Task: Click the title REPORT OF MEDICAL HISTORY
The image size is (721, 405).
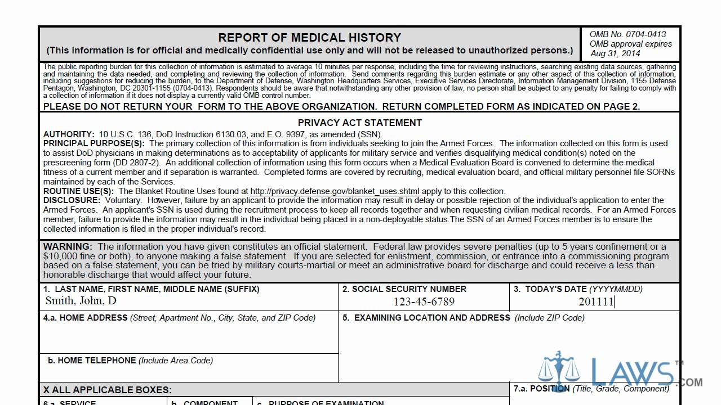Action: pos(309,38)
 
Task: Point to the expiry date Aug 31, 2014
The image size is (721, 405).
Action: pos(615,53)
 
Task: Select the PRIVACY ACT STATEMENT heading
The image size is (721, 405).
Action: pos(359,123)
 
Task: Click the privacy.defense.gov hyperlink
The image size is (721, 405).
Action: pos(335,191)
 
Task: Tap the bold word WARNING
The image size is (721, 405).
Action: pos(67,246)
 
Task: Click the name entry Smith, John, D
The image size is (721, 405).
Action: pos(81,300)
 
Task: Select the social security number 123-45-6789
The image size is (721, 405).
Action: pos(424,301)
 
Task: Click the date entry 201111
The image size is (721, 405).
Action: pos(596,301)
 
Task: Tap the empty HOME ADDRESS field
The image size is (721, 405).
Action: pos(189,337)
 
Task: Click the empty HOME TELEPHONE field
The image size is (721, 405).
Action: pos(189,372)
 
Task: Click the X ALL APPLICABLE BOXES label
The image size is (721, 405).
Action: pos(107,390)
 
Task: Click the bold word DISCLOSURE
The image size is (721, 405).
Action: pos(72,200)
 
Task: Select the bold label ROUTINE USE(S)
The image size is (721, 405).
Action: pos(78,191)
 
